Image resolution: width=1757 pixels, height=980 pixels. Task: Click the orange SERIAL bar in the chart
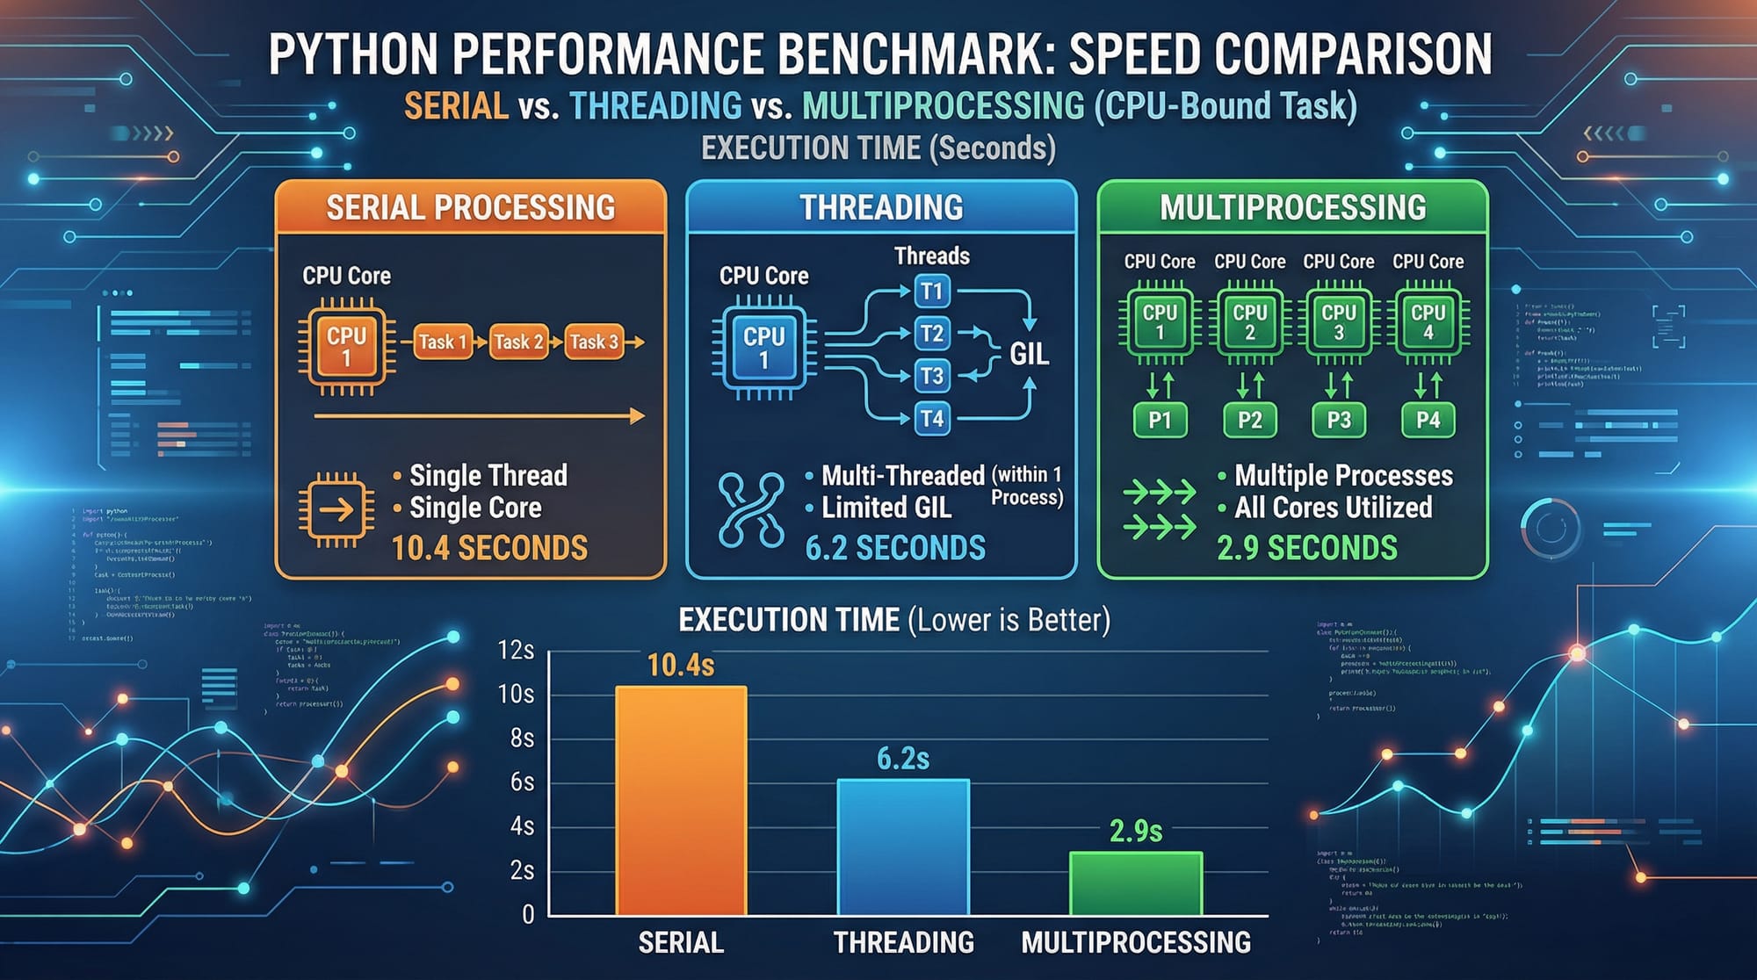point(681,801)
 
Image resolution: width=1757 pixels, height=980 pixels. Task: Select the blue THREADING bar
point(903,847)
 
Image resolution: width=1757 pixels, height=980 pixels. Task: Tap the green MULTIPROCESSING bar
point(1135,883)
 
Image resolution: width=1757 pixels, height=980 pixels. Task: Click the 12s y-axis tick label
point(516,650)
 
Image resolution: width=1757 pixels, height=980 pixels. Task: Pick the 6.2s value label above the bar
point(903,759)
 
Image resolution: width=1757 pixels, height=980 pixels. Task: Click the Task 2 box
point(518,342)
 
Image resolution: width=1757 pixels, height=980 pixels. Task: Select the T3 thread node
point(931,376)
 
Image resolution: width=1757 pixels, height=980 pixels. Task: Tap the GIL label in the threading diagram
point(1029,354)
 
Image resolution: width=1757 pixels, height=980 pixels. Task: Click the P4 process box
point(1428,420)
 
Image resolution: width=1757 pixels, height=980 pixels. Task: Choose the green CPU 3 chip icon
point(1338,322)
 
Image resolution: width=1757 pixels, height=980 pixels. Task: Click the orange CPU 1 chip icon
point(346,346)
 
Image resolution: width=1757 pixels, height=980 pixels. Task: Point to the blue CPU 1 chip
point(763,347)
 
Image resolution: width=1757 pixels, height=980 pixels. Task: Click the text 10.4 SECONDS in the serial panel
point(489,548)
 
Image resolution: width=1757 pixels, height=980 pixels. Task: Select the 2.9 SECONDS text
point(1306,548)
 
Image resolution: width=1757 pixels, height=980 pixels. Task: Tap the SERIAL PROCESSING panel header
point(471,208)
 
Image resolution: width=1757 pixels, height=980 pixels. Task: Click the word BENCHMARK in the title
point(907,54)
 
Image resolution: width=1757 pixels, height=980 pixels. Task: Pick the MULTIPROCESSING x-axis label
point(1135,942)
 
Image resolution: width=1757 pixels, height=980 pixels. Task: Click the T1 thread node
point(931,292)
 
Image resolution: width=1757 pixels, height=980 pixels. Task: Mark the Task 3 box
point(594,342)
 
